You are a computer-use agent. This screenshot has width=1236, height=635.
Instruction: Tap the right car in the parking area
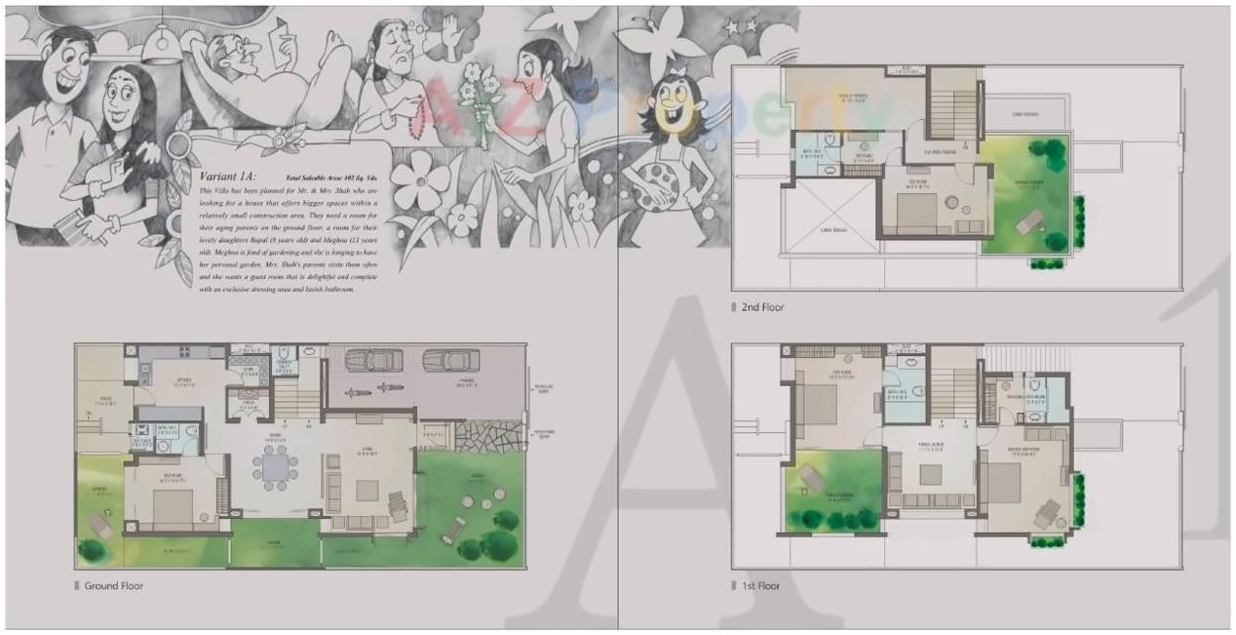[x=450, y=361]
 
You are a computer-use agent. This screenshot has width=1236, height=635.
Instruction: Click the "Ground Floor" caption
[x=113, y=585]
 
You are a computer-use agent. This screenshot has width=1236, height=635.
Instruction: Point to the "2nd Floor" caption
[x=761, y=307]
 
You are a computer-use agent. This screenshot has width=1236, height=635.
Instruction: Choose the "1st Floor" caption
[x=760, y=586]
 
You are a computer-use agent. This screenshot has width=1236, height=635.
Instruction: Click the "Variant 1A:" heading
[x=227, y=179]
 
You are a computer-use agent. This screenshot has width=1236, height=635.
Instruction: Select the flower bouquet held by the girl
[x=482, y=94]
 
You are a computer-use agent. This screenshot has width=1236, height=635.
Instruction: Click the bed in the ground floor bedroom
[x=172, y=507]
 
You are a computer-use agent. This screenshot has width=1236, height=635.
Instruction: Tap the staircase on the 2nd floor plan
[x=951, y=102]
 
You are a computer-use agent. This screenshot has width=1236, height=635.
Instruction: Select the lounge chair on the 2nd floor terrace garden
[x=1029, y=223]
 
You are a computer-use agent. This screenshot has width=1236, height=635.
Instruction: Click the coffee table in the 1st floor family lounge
[x=931, y=475]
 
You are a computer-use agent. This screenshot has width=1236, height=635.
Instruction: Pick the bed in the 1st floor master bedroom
[x=1002, y=482]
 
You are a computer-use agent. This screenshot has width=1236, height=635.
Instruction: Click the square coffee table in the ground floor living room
[x=367, y=491]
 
